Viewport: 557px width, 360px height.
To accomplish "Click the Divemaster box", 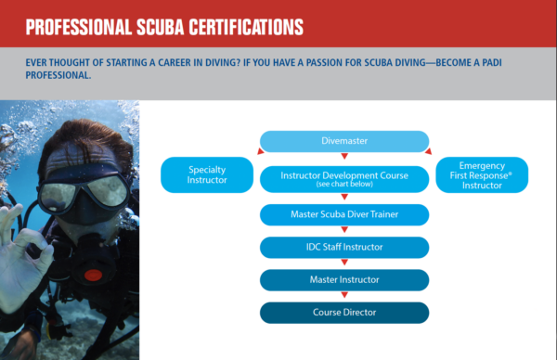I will tap(343, 142).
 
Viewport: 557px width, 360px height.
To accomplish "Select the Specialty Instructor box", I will tap(207, 174).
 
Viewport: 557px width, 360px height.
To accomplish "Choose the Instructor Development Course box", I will tap(343, 178).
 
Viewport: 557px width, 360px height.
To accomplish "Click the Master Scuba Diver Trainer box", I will tap(343, 214).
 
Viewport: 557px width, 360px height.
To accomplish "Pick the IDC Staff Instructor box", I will tap(343, 247).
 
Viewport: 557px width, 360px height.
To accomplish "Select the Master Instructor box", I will tap(343, 279).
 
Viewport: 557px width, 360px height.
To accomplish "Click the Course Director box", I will tap(343, 312).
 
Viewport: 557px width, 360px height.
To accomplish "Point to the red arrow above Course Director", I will tap(343, 296).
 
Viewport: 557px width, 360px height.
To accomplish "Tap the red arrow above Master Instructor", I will tap(343, 264).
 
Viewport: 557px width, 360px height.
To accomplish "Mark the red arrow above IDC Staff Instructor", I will tap(343, 231).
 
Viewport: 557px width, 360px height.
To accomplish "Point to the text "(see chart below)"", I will tap(343, 185).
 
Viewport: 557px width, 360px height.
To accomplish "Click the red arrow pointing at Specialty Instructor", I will tap(256, 148).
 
